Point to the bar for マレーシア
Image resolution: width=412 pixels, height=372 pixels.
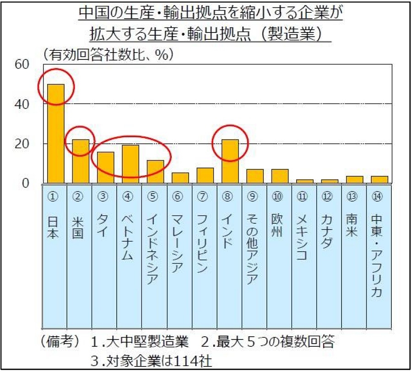pos(180,178)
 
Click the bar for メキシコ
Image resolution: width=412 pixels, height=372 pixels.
pos(304,181)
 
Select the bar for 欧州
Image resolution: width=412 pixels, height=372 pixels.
pos(280,176)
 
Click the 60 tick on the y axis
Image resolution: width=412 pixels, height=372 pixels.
pos(22,64)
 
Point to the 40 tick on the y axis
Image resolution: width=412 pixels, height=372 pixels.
pos(22,104)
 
